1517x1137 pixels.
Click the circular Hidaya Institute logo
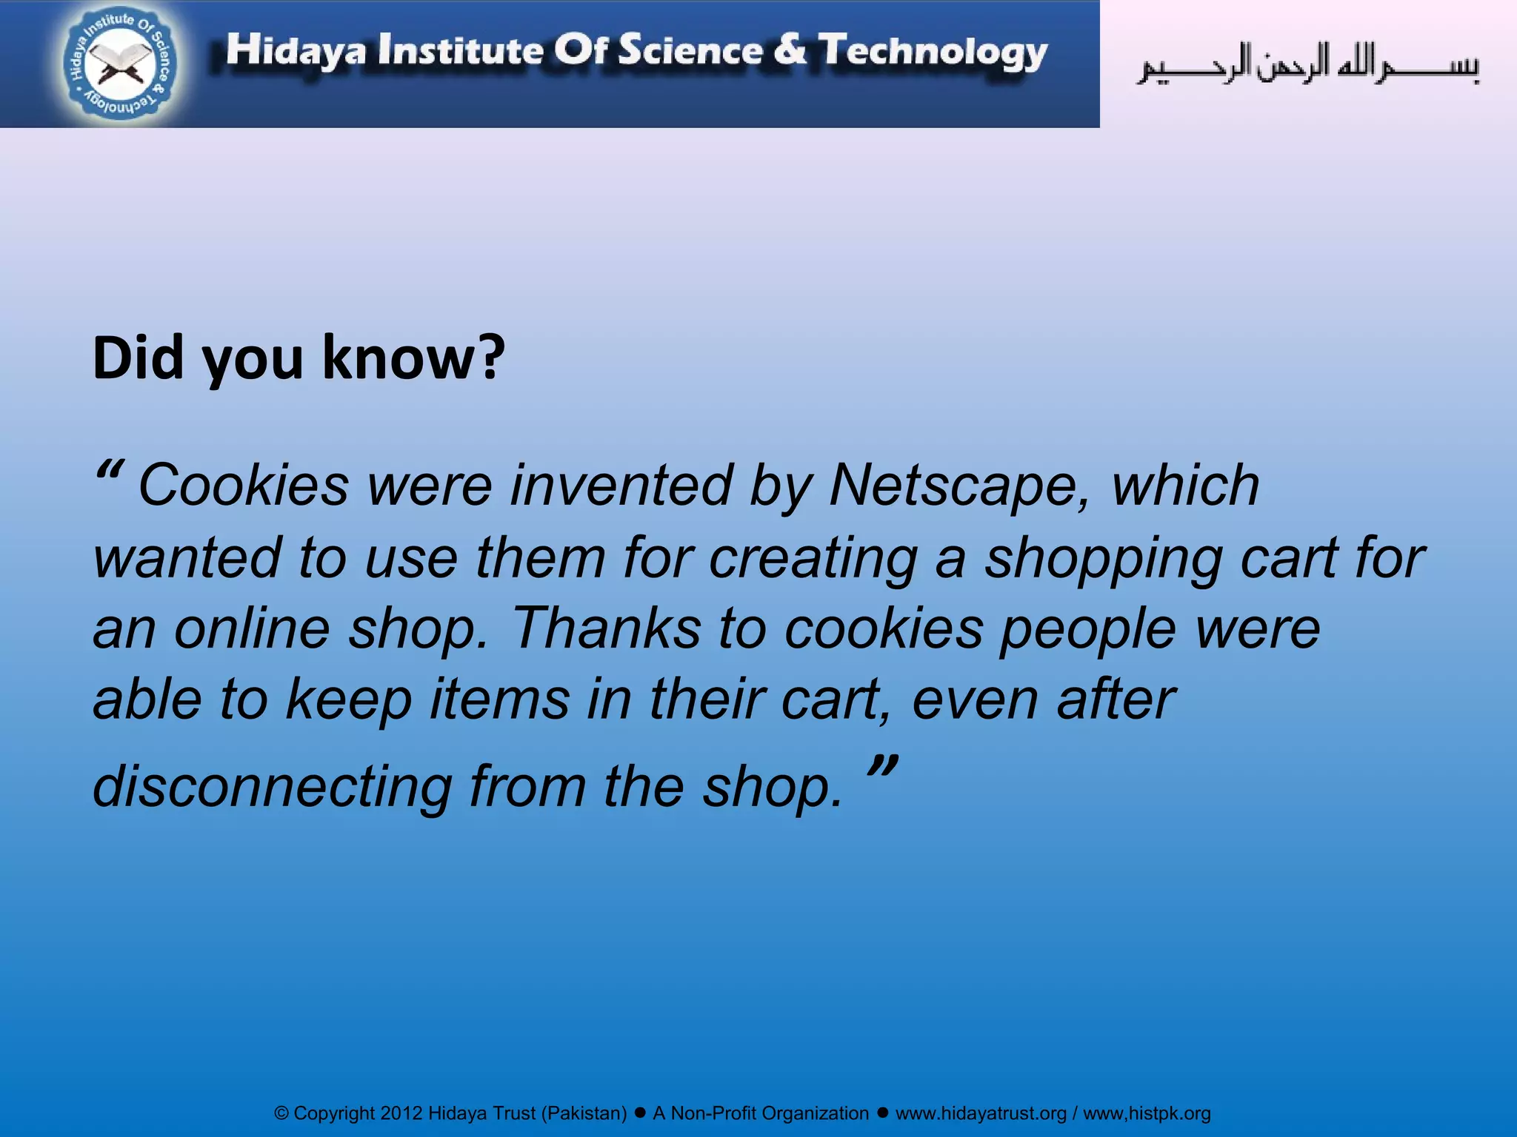[120, 64]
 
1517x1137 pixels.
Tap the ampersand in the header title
[790, 50]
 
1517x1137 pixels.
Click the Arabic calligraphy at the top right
[1308, 64]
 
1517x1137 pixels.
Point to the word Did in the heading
[138, 358]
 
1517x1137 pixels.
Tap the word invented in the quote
[621, 486]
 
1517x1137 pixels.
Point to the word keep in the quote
[349, 700]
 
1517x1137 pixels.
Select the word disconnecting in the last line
[273, 786]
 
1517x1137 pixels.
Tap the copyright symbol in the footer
[281, 1113]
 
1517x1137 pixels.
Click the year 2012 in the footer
[401, 1113]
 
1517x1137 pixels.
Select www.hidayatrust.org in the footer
[981, 1113]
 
